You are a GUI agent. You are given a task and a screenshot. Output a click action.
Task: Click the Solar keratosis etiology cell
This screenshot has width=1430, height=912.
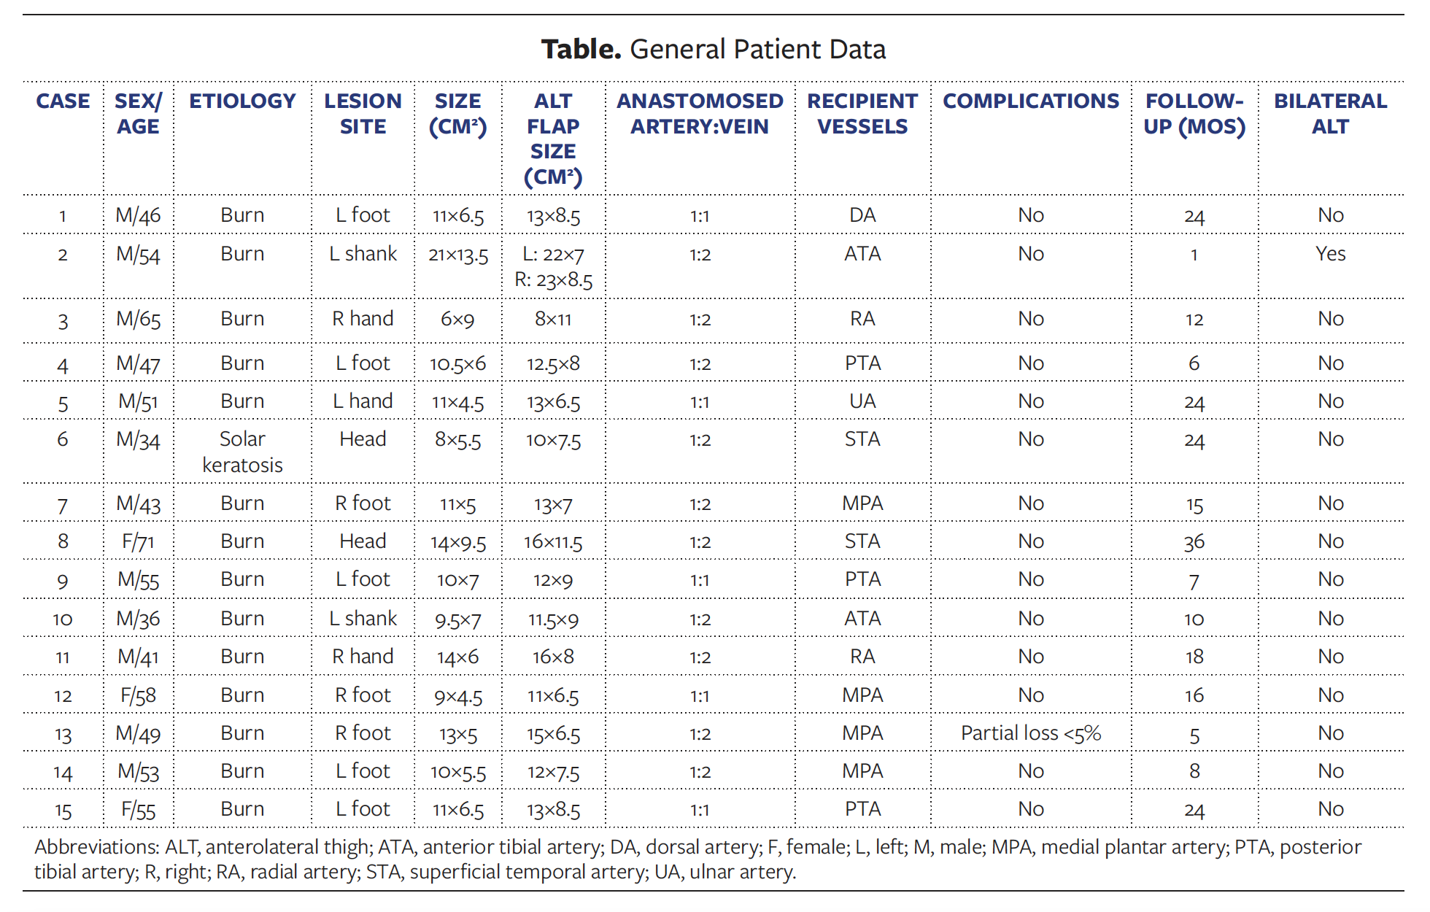pos(242,452)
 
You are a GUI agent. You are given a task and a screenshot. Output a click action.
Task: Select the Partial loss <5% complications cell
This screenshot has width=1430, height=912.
pos(1030,733)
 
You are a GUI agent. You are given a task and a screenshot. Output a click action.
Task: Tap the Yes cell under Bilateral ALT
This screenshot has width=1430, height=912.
pos(1330,254)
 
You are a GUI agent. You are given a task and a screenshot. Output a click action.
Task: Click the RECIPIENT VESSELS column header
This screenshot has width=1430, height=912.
pos(862,114)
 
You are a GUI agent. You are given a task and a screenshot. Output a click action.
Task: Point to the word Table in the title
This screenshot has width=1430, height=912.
pos(581,50)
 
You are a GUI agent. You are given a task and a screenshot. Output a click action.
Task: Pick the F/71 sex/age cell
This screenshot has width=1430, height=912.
pos(138,542)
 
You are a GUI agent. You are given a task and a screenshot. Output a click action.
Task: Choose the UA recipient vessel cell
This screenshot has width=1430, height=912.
pos(862,401)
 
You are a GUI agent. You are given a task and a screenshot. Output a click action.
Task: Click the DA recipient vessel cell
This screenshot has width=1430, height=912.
pos(862,215)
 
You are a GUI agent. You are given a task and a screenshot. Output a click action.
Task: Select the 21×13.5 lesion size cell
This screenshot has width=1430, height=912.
pos(458,255)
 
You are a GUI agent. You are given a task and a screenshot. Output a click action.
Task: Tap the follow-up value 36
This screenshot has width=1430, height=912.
pos(1194,542)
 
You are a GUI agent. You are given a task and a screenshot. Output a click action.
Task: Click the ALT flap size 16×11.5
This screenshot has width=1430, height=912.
pos(553,542)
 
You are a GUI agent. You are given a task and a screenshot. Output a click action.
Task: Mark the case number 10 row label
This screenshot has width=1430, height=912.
pos(63,619)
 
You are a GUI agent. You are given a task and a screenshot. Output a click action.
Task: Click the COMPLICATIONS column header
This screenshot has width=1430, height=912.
pos(1030,101)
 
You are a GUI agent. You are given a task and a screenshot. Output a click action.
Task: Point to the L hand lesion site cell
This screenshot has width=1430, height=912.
pos(363,401)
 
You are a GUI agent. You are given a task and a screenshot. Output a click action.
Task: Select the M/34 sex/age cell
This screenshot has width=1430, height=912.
pos(138,440)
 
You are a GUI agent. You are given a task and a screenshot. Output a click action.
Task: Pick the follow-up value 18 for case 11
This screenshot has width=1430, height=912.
pos(1194,657)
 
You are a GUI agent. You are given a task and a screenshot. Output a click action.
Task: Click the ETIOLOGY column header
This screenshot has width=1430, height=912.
pos(242,101)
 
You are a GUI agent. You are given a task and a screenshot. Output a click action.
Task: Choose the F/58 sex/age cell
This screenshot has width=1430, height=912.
pos(138,696)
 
